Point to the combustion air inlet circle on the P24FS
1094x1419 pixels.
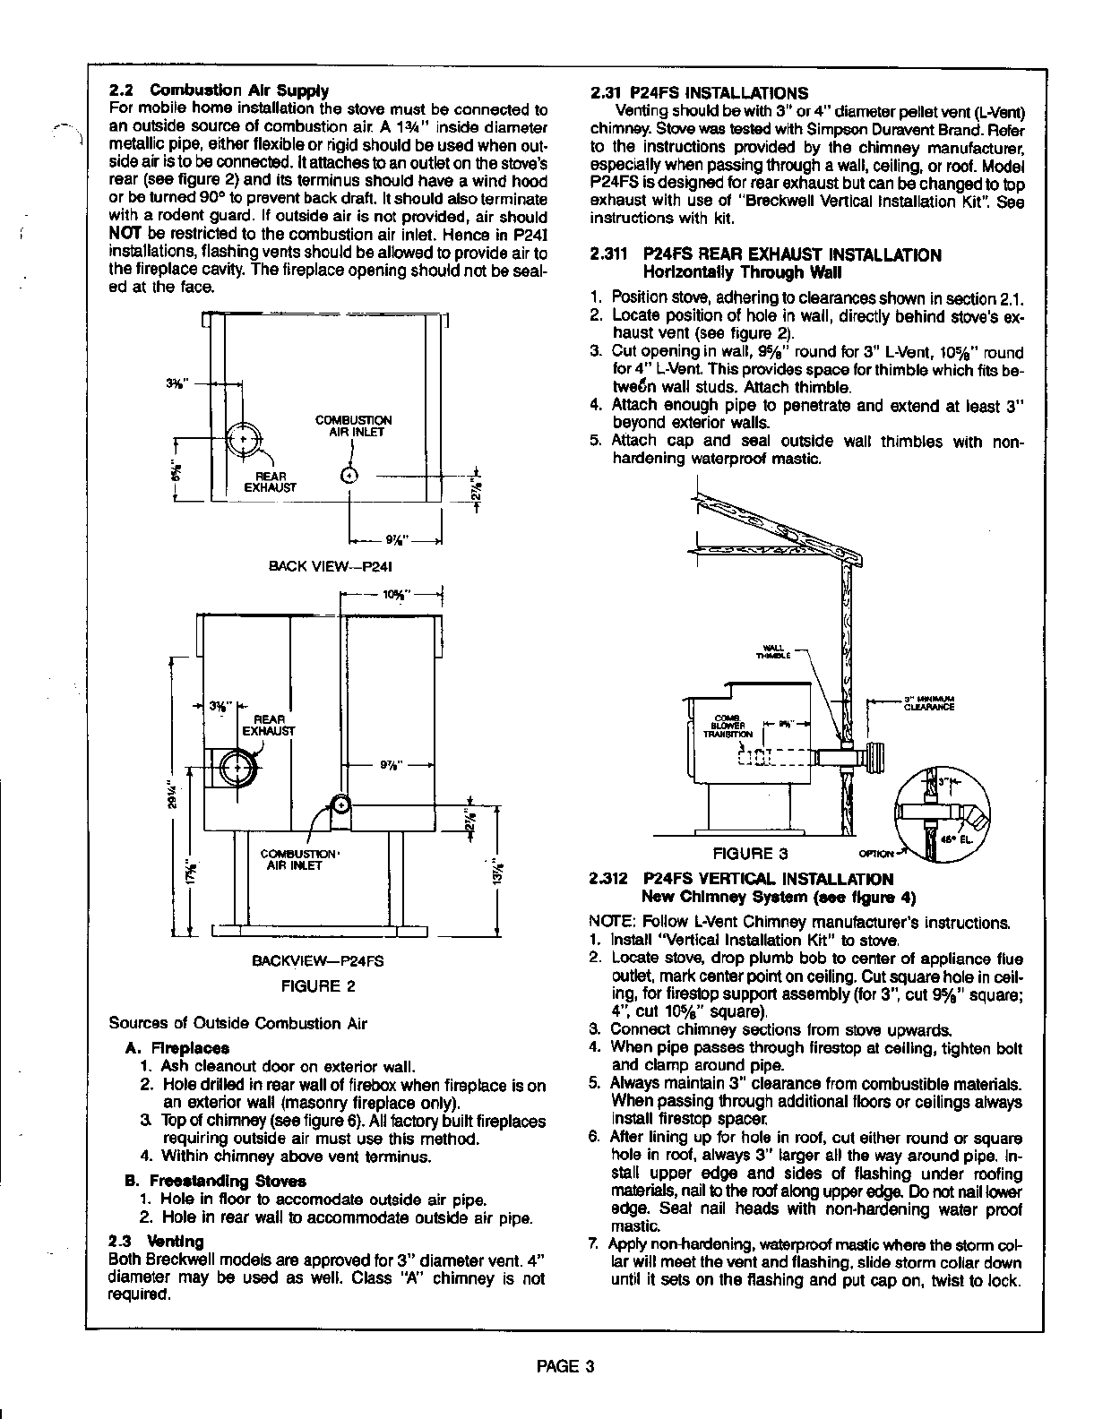(340, 804)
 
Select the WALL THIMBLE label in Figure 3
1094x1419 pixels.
(772, 650)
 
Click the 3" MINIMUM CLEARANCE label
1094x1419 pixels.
(929, 702)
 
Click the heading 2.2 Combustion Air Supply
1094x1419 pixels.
(219, 90)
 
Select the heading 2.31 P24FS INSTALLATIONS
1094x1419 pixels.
(699, 93)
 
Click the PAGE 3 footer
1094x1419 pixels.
(565, 1366)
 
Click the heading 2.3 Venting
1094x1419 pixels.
(156, 1242)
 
